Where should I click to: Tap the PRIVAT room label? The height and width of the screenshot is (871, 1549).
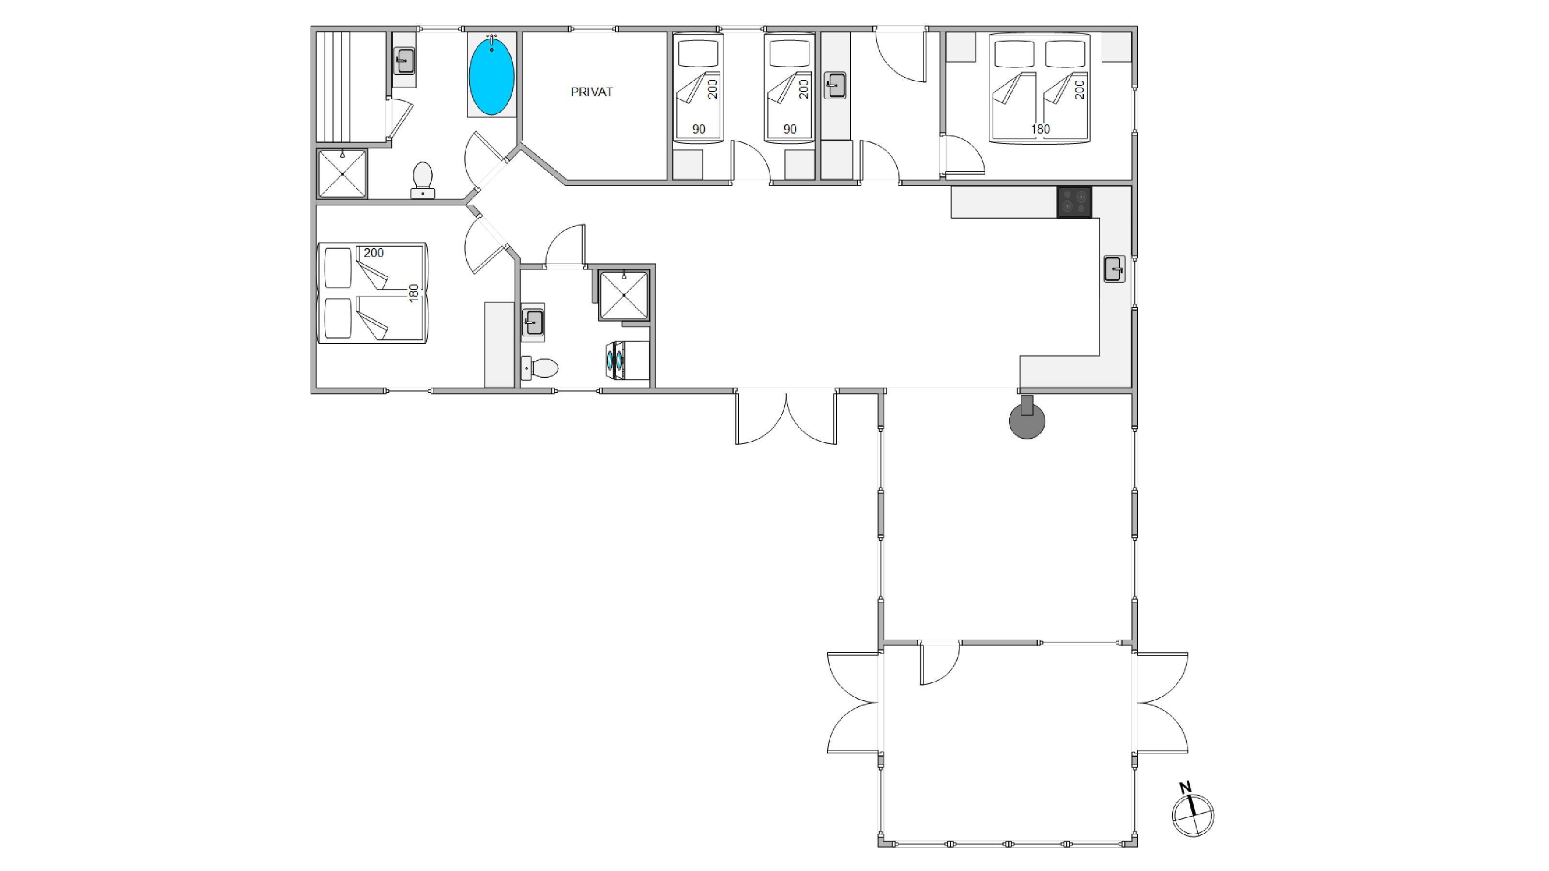coord(592,92)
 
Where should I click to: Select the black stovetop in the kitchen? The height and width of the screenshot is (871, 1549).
coord(1075,202)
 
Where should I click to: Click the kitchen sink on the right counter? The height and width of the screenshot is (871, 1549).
coord(1114,269)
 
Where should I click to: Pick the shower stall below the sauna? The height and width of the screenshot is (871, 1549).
coord(342,174)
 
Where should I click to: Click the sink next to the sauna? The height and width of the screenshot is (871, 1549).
coord(404,60)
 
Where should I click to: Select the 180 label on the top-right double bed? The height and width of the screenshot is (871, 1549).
coord(1040,129)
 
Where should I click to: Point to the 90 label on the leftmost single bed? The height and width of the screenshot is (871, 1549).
coord(698,129)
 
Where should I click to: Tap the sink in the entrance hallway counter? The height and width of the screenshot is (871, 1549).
coord(835,85)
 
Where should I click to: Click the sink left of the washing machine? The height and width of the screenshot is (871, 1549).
coord(533,322)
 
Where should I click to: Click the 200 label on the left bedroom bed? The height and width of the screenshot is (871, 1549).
coord(373,253)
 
